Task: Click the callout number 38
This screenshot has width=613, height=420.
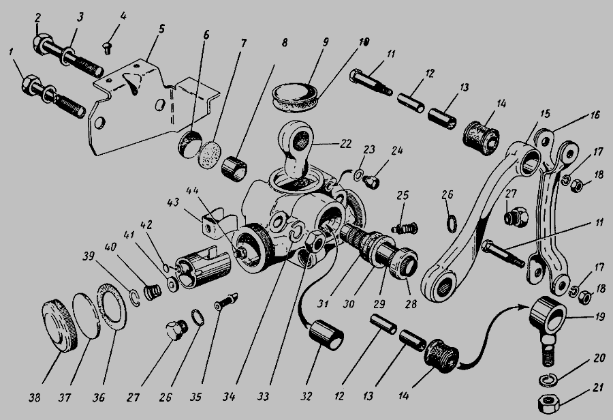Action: [x=35, y=398]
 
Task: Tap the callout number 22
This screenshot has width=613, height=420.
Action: [x=345, y=144]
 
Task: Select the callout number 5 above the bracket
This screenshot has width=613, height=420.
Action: [x=161, y=28]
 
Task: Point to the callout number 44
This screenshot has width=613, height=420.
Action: [x=192, y=191]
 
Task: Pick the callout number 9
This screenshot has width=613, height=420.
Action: [x=326, y=42]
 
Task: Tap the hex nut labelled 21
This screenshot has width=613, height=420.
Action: [x=549, y=403]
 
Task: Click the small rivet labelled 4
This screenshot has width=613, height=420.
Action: [x=108, y=48]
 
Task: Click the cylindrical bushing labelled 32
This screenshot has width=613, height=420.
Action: [x=326, y=335]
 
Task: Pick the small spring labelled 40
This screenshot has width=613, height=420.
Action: [x=152, y=292]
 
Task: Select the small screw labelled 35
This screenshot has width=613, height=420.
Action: [x=225, y=301]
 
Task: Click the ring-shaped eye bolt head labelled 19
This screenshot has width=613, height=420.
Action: [x=548, y=314]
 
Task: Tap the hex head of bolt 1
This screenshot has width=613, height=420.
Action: [x=31, y=85]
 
